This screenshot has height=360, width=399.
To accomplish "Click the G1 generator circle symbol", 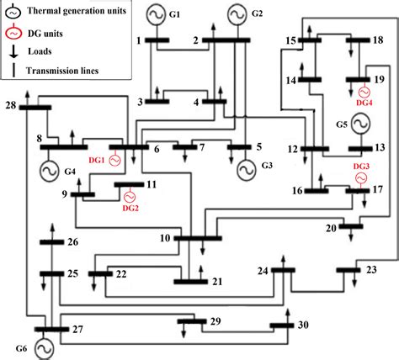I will point(157,15).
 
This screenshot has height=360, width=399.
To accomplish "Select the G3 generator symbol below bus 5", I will point(246,169).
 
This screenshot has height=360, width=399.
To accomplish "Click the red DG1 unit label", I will point(97,160).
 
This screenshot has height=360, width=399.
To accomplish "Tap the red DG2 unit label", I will point(130,207).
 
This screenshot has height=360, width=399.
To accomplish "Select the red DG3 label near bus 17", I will point(360,167).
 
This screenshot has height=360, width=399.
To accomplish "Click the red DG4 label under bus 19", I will point(364,102).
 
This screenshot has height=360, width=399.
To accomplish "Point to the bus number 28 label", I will point(11,105).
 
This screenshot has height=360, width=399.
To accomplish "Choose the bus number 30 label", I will point(304,326).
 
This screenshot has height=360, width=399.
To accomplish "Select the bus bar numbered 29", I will point(197,320).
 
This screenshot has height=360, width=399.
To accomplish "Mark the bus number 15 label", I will point(289,40).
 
